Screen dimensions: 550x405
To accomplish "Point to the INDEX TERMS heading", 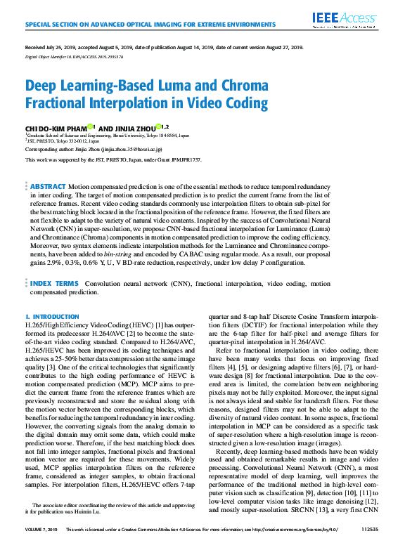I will click(54, 284).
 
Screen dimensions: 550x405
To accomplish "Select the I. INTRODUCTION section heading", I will click(52, 317).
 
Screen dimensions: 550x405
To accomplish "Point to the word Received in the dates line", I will click(36, 48).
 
